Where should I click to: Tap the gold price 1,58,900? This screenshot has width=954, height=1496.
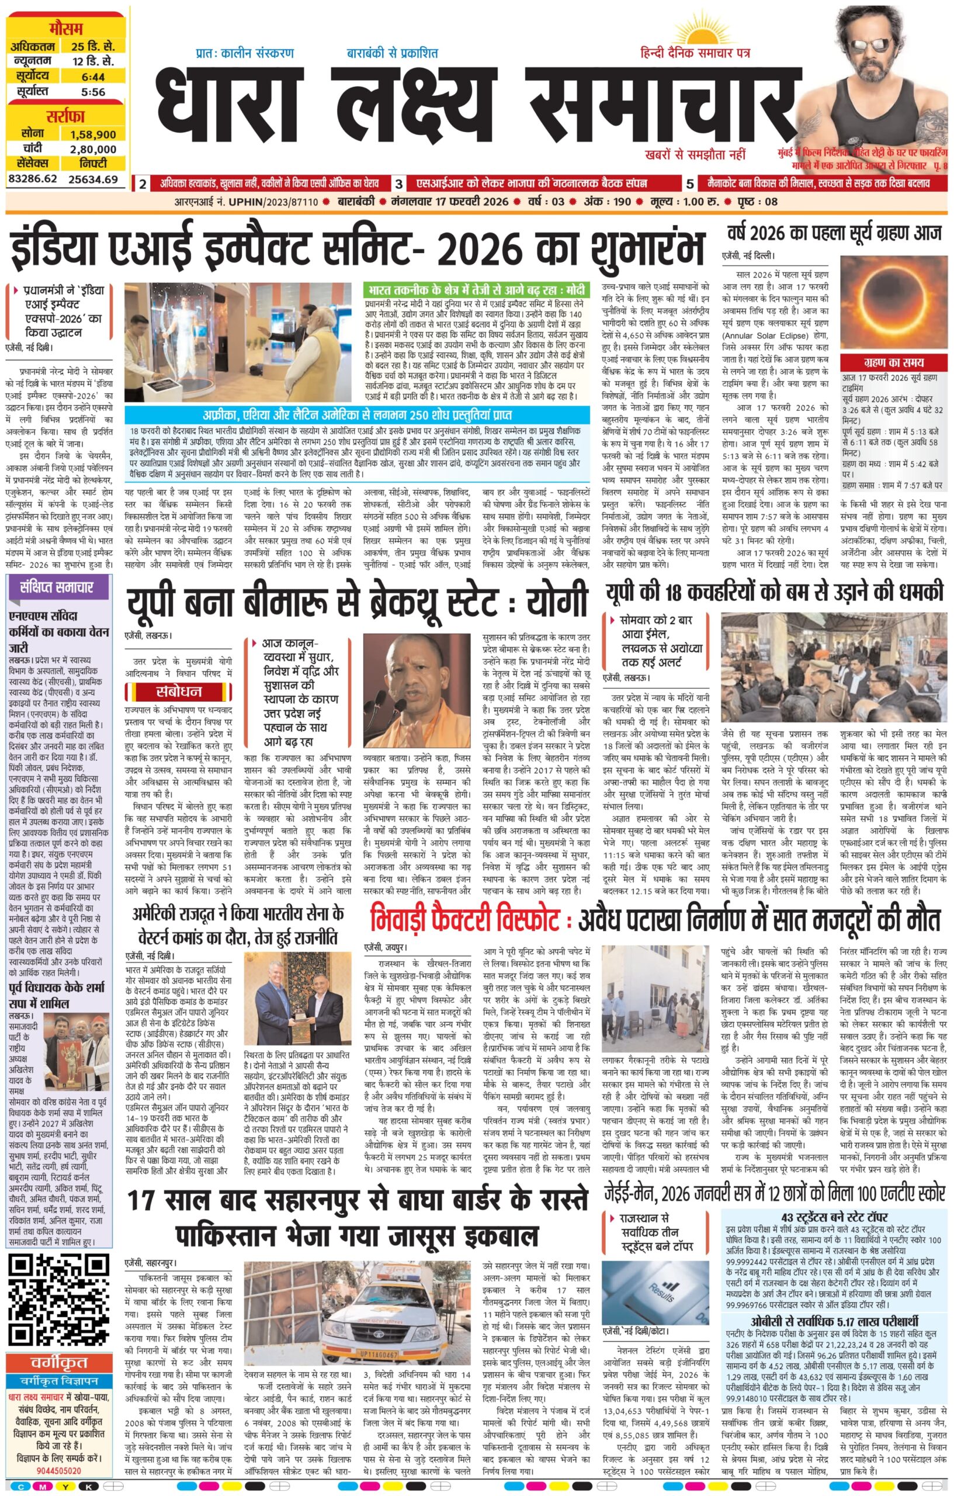(x=92, y=134)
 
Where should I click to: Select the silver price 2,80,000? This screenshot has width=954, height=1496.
(x=92, y=149)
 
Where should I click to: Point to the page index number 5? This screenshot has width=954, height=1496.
(x=690, y=184)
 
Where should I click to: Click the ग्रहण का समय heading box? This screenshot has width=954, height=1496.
(x=893, y=362)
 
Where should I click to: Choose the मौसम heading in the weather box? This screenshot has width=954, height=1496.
(x=68, y=29)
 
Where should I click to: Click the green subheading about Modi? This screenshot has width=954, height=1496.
(x=475, y=290)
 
